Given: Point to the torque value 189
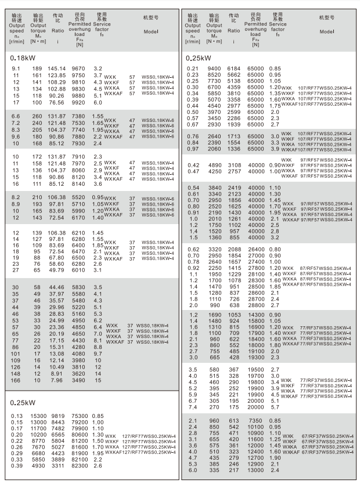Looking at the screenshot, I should point(37,69).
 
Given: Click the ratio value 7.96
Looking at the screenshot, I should point(56,380).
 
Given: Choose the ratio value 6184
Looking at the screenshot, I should point(234,69).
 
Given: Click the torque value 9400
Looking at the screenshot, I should point(213,69).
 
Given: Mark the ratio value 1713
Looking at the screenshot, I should point(234,136).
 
